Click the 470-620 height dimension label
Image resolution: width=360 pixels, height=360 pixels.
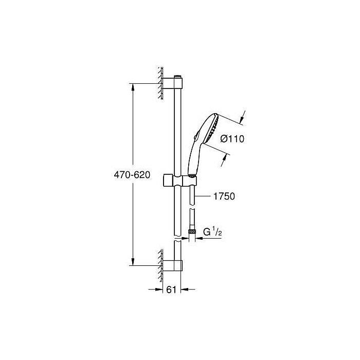pyautogui.click(x=132, y=175)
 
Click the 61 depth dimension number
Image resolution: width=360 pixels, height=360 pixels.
pyautogui.click(x=171, y=290)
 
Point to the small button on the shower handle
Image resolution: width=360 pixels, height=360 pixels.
pyautogui.click(x=195, y=136)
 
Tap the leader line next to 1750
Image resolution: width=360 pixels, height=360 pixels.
pyautogui.click(x=203, y=196)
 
